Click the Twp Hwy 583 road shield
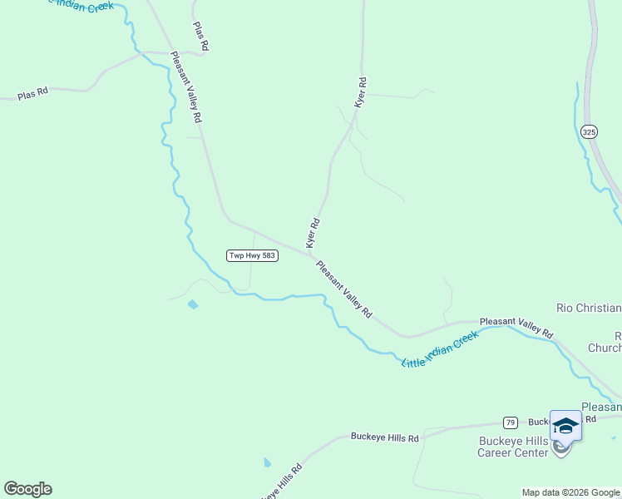point(252,255)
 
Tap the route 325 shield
point(589,132)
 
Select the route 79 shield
point(511,422)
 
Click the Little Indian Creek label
point(440,349)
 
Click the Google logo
point(27,489)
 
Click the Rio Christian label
point(588,308)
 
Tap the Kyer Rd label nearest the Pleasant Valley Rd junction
point(313,233)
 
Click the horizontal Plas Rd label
point(32,96)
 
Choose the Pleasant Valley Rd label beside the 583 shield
point(343,288)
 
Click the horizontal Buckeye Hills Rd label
point(384,437)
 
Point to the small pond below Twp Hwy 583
point(193,304)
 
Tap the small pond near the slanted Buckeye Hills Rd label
point(267,462)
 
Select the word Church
point(605,348)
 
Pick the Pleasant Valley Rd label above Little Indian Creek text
point(516,325)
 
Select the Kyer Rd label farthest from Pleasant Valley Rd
point(361,92)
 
